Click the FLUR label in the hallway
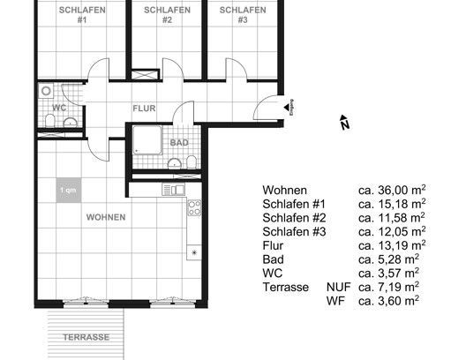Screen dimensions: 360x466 [x=144, y=109]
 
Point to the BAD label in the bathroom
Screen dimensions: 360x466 [x=179, y=141]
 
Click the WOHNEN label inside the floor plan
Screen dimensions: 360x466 [x=105, y=216]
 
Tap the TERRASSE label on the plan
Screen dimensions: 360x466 [x=86, y=337]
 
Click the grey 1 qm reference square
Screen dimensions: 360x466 [x=66, y=190]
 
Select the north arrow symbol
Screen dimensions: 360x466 [x=344, y=124]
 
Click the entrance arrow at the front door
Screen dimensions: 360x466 [x=288, y=106]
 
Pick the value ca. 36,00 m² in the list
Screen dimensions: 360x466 [x=391, y=190]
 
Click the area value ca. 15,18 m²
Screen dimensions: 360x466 [x=391, y=203]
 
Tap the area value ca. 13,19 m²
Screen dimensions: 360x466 [x=391, y=244]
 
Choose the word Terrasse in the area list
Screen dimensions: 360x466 [x=285, y=287]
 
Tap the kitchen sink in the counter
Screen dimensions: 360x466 [x=175, y=189]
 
